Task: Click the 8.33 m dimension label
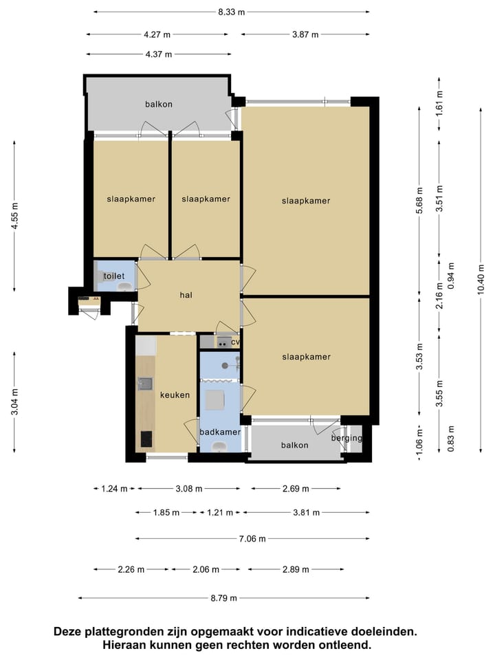tap(231, 12)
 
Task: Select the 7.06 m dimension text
tap(252, 538)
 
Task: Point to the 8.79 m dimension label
tap(223, 597)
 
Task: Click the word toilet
tap(113, 276)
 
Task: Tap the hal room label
tap(186, 295)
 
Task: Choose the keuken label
tap(175, 395)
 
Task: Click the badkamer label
tap(220, 432)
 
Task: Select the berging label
tap(346, 438)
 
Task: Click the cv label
tap(235, 342)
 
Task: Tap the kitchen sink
tap(145, 384)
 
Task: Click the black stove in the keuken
tap(146, 439)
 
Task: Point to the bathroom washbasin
tap(219, 446)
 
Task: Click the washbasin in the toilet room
tap(124, 287)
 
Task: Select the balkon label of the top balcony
tap(159, 104)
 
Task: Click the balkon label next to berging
tap(295, 445)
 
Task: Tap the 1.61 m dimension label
tap(439, 103)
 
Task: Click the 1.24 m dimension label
tap(114, 489)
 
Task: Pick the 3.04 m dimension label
tap(14, 401)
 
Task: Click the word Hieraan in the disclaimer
tap(124, 645)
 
